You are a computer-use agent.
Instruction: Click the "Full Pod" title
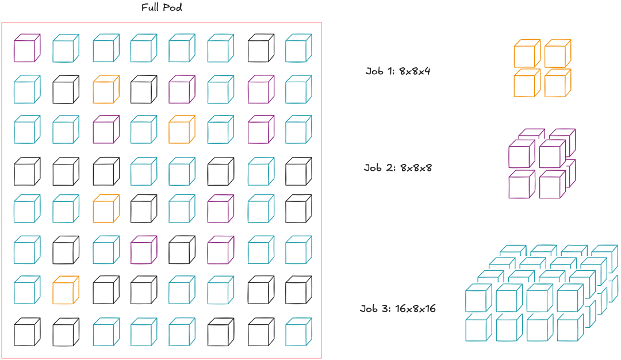pos(162,9)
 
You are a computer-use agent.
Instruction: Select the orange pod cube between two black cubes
pos(105,89)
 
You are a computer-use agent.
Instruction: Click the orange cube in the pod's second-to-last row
pos(65,290)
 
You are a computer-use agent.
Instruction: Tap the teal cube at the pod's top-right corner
pos(298,49)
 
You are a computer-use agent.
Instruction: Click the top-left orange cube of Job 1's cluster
pos(525,54)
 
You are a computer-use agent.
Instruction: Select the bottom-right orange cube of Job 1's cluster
pos(556,84)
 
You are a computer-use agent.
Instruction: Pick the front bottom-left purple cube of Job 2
pos(520,185)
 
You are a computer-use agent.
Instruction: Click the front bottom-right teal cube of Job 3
pos(569,329)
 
